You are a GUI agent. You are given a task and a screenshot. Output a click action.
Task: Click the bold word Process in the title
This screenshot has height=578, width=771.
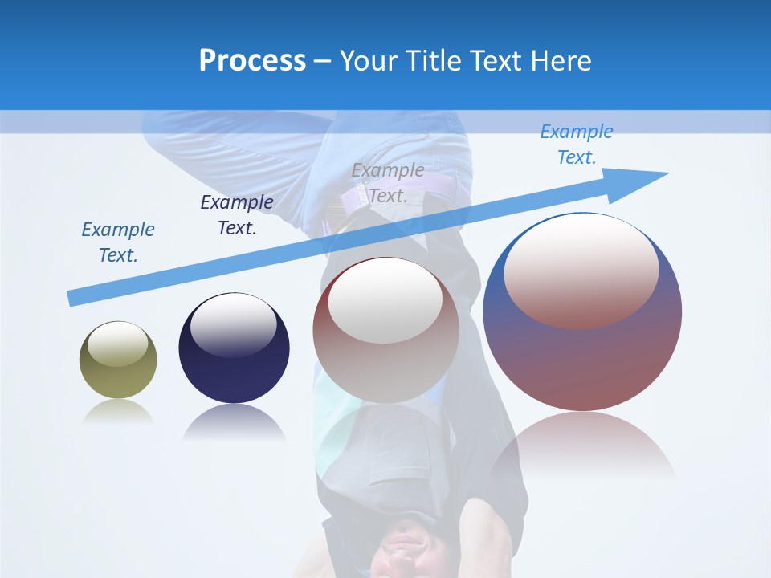[252, 61]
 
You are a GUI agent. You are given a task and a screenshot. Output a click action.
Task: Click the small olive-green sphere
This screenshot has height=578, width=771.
[118, 360]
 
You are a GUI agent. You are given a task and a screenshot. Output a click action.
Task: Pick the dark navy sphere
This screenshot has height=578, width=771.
[234, 348]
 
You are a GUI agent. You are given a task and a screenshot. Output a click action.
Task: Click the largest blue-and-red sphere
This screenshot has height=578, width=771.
[582, 311]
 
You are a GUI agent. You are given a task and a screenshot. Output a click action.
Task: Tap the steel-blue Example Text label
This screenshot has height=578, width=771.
[118, 242]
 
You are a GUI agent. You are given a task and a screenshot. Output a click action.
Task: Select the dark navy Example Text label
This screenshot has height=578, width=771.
[237, 215]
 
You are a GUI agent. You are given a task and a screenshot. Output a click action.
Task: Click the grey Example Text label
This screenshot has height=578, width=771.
[388, 183]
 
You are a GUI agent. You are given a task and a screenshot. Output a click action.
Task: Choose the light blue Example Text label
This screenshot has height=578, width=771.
[576, 144]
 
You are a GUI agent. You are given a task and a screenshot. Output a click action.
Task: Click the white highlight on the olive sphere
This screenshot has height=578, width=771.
[117, 344]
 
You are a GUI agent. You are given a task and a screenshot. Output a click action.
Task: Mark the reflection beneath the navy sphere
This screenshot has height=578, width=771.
[234, 422]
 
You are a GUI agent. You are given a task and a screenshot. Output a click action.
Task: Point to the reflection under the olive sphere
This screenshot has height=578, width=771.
[118, 411]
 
